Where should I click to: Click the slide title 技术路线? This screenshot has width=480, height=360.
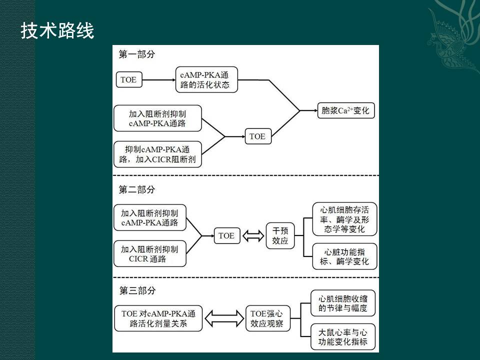click(x=57, y=31)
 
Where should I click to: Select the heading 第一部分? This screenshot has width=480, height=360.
click(x=136, y=54)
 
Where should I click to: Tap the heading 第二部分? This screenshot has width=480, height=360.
click(x=136, y=189)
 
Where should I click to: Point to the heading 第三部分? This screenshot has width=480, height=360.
click(x=136, y=290)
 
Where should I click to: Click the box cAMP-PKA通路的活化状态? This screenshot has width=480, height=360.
click(x=206, y=79)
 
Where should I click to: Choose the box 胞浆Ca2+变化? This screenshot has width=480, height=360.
click(x=345, y=110)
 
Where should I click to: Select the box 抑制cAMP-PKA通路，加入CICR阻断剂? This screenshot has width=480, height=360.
click(x=157, y=154)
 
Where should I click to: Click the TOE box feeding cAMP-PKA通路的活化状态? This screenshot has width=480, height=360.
click(x=128, y=79)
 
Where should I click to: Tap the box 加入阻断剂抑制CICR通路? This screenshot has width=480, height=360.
click(x=149, y=253)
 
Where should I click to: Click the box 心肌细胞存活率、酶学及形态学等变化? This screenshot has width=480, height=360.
click(x=344, y=219)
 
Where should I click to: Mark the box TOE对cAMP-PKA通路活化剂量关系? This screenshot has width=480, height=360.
click(x=158, y=318)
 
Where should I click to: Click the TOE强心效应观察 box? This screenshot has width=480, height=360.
click(x=267, y=318)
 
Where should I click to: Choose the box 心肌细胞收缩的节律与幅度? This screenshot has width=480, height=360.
click(x=343, y=303)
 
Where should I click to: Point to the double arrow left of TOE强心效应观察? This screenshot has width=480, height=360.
click(x=224, y=318)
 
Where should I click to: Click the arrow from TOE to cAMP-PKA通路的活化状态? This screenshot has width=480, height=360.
click(x=157, y=79)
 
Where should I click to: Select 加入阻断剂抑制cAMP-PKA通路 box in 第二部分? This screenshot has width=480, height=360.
click(x=149, y=217)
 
